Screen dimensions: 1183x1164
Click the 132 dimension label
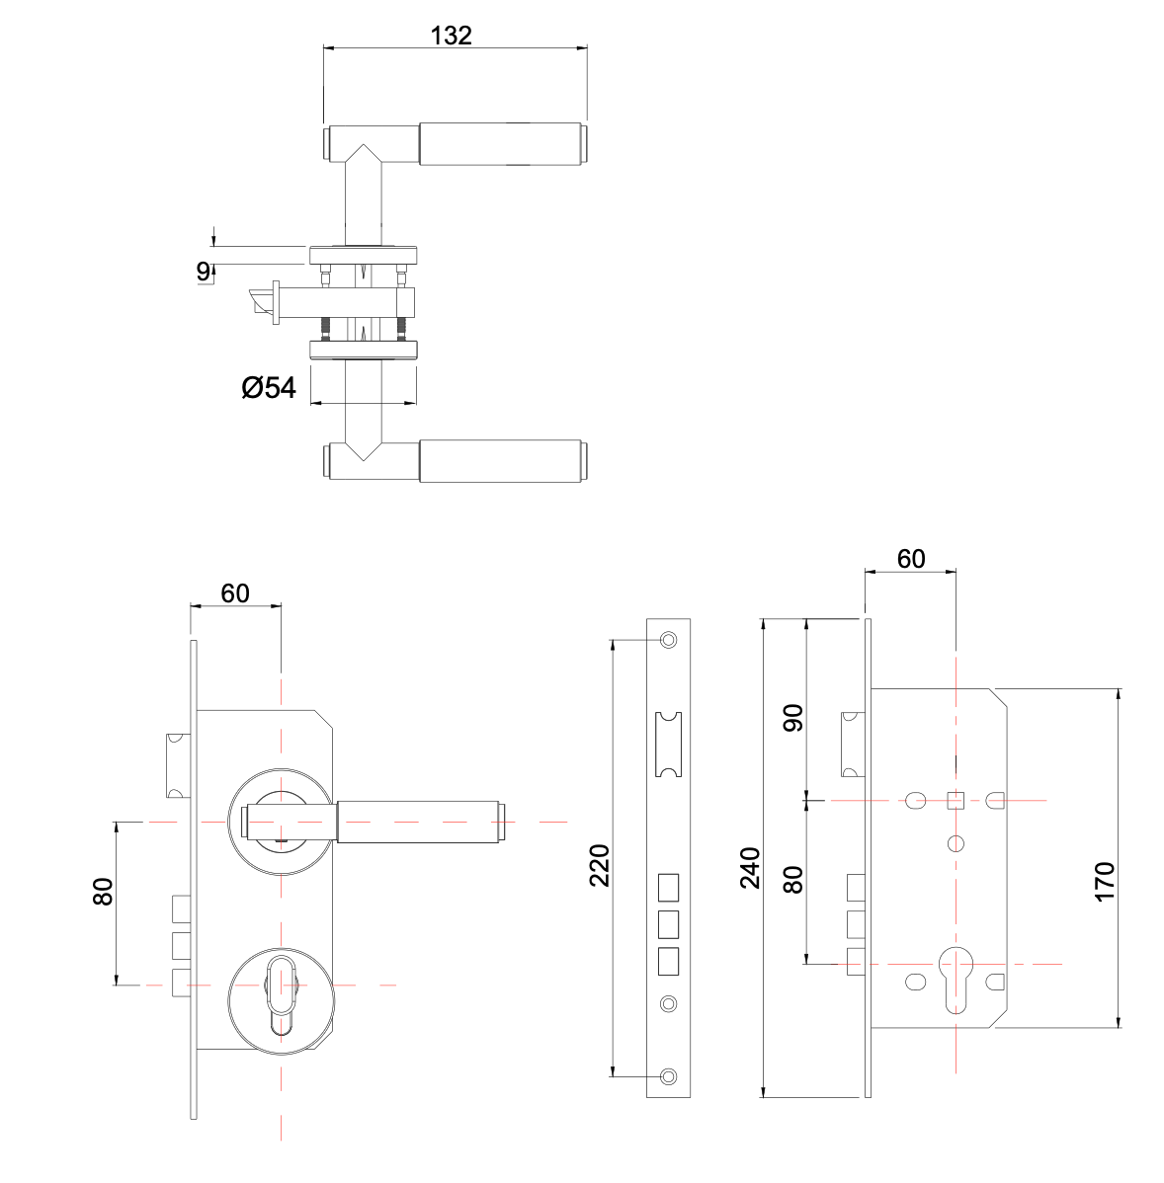tap(452, 36)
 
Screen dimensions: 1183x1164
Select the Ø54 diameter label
tap(269, 388)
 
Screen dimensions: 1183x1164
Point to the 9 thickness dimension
tap(204, 271)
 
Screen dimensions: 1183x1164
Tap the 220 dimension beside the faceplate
tap(600, 865)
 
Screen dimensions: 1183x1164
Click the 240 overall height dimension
tap(751, 867)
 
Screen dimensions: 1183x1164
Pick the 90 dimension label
tap(793, 718)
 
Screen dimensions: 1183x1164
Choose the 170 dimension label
tap(1105, 880)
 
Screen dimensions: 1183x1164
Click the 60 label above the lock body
tap(910, 559)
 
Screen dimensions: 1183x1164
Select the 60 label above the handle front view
tap(234, 593)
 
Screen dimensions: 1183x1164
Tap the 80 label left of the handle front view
tap(103, 893)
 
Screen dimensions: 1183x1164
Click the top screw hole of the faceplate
tap(669, 640)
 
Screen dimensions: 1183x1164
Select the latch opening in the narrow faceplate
tap(669, 744)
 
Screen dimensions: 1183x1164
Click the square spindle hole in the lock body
tap(956, 800)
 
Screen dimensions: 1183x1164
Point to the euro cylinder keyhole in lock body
tap(956, 978)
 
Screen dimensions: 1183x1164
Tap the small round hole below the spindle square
tap(956, 843)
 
